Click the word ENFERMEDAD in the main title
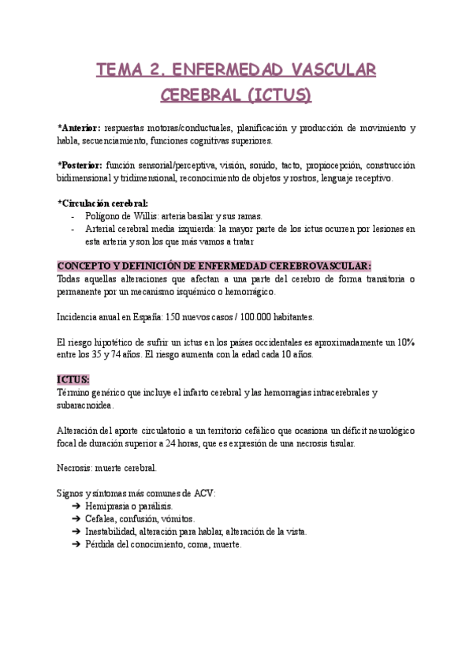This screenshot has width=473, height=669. (233, 69)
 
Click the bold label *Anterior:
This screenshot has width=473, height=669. (79, 128)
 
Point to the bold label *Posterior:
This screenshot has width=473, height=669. (80, 166)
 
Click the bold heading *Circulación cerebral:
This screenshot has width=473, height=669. (102, 203)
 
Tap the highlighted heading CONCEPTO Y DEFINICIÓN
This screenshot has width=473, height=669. (214, 266)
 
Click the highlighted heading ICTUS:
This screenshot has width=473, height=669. (73, 379)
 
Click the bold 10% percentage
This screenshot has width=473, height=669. (405, 342)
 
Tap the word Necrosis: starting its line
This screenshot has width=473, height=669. (78, 468)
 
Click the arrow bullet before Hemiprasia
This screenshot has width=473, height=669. (76, 506)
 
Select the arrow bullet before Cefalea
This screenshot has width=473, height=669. (76, 518)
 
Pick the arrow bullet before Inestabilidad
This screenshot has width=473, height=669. (76, 532)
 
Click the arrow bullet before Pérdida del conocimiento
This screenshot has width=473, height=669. (76, 544)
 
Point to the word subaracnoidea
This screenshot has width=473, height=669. (86, 405)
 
